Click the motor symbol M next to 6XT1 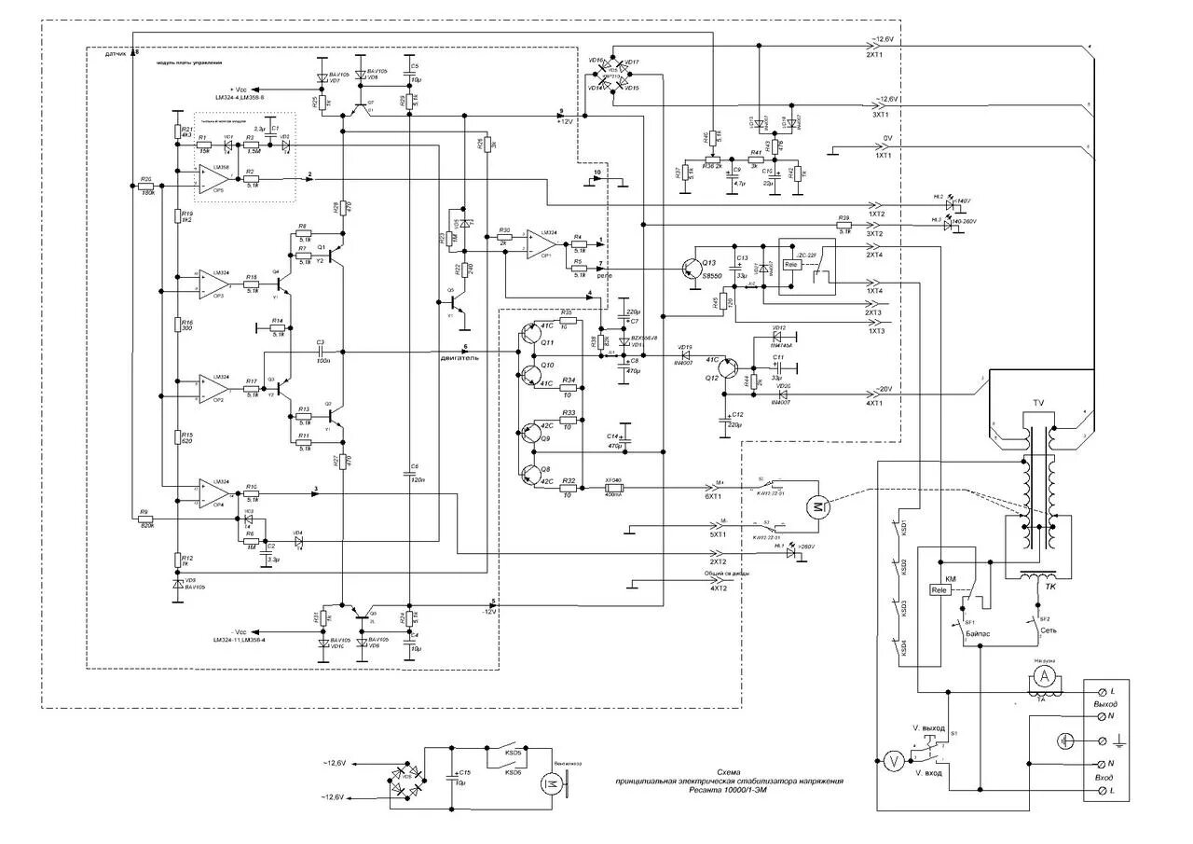tap(816, 505)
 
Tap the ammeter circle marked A tap(1045, 674)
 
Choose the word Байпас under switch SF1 tap(979, 633)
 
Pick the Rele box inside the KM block tap(939, 590)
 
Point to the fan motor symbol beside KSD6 tap(548, 782)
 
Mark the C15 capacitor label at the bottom tap(465, 773)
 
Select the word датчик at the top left tap(116, 55)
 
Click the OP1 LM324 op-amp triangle tap(541, 242)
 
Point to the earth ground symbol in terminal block tap(1064, 740)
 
